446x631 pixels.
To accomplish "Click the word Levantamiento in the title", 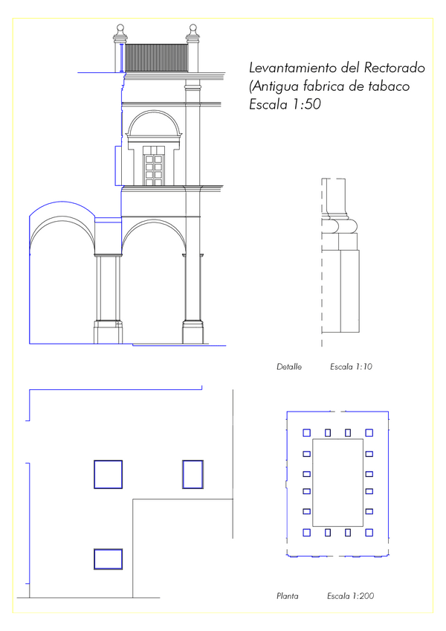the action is (294, 68).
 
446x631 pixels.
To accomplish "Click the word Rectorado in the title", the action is (395, 68).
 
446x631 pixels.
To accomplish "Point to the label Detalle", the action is (289, 367).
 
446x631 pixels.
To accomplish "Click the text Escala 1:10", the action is (351, 367).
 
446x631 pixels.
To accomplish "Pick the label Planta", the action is (288, 596).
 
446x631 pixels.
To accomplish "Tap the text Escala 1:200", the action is (350, 596).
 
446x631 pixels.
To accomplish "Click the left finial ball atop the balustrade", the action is (120, 28).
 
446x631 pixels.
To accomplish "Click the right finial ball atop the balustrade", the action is (193, 28).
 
